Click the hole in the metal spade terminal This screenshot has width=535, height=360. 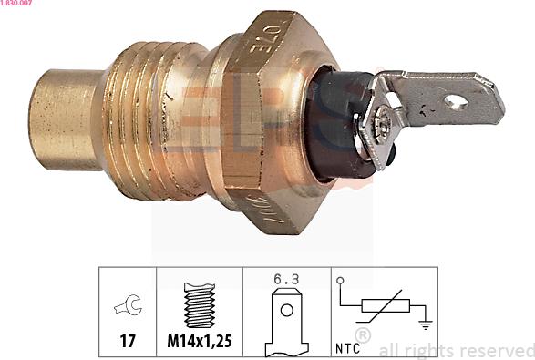(x=455, y=103)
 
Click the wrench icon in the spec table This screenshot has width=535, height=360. (x=127, y=308)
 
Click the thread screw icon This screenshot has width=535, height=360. (x=199, y=305)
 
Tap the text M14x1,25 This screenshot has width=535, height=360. (x=199, y=344)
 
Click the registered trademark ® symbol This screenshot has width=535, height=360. (x=362, y=337)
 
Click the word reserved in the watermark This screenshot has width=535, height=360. (x=492, y=350)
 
